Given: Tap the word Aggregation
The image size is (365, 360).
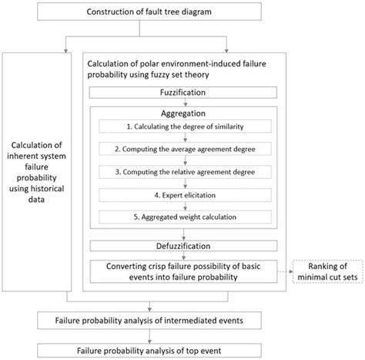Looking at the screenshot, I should pos(184,112).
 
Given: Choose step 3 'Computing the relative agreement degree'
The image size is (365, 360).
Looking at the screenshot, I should pos(184,173).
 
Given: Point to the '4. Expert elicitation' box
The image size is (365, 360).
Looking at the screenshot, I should pos(184,197).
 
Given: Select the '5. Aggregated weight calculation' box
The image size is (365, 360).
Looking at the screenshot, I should pos(184,219).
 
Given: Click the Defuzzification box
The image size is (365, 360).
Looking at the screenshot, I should pos(184,247).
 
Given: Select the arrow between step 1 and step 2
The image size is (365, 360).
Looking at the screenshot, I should pos(184,139).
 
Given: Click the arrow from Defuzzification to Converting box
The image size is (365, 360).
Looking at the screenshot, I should pos(184,256).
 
